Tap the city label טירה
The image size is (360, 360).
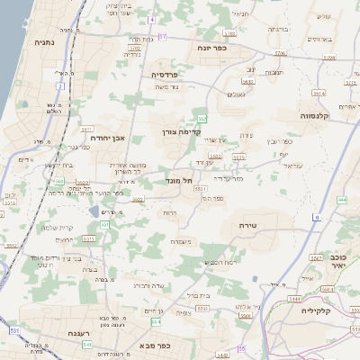click(249, 224)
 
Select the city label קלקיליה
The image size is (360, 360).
click(335, 310)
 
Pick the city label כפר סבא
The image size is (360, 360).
click(154, 345)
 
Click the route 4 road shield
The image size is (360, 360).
click(153, 19)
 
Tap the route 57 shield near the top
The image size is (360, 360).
click(163, 36)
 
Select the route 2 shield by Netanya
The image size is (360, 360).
click(61, 86)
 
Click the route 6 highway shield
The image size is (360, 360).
click(317, 217)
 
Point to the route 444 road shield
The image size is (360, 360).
click(342, 200)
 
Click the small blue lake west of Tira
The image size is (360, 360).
click(95, 211)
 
